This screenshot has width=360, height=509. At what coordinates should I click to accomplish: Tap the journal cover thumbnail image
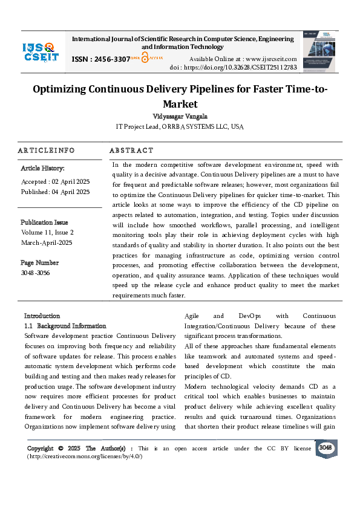pos(319,51)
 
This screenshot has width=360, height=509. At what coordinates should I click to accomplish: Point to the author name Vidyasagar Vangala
pos(180,115)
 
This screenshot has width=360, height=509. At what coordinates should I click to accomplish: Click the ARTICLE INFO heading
pos(47,151)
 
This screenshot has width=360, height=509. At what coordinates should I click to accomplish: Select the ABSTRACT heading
pos(131,151)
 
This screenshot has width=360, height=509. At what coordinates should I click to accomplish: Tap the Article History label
pos(43,168)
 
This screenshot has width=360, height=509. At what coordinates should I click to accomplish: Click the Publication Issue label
pos(44,222)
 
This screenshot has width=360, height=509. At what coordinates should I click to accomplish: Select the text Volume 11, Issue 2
pos(47,232)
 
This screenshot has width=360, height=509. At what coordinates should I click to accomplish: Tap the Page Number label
pos(39,263)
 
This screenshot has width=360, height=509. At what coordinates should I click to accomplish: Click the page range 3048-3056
pos(36,273)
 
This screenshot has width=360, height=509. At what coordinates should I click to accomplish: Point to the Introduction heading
pos(42,316)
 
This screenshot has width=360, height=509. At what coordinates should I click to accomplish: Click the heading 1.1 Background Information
pos(65,326)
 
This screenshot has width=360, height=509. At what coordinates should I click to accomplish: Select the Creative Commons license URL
pos(85,456)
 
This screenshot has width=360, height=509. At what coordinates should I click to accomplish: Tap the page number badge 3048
pos(326,447)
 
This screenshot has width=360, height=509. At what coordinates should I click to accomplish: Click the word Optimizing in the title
pos(59,89)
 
